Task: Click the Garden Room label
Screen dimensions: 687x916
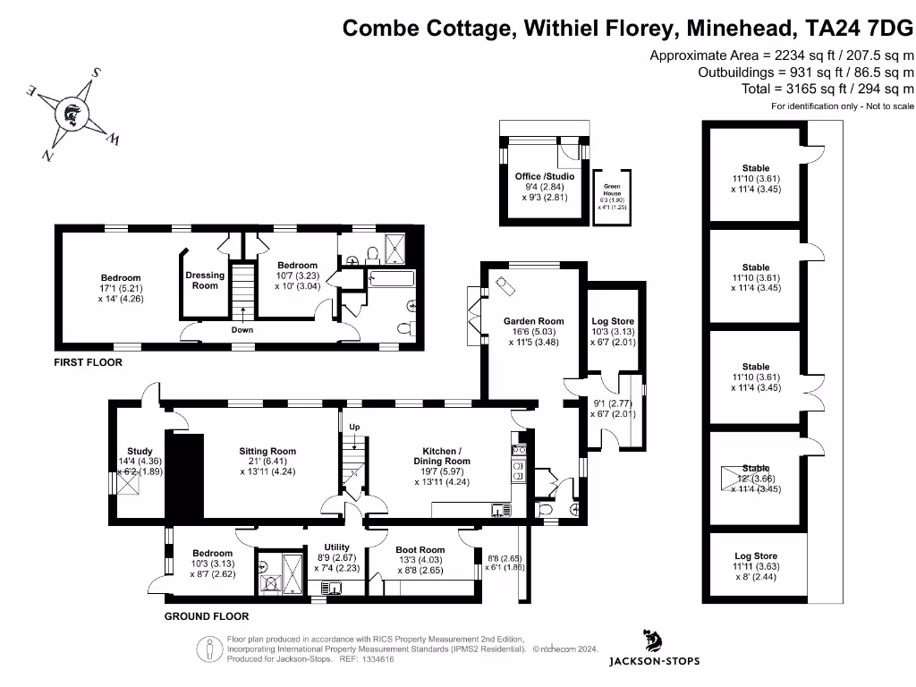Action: (533, 321)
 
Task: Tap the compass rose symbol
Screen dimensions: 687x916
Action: (71, 114)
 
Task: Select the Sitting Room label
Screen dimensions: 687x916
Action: (267, 452)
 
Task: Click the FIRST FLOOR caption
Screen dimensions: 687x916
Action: (87, 363)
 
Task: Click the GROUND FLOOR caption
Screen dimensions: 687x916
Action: (207, 616)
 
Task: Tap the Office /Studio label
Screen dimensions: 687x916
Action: (545, 176)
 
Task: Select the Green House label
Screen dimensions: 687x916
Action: (612, 190)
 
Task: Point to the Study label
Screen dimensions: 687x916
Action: (140, 452)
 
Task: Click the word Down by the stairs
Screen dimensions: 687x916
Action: (242, 330)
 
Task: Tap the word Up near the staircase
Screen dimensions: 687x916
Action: (354, 427)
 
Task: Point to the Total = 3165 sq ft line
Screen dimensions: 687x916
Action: (827, 89)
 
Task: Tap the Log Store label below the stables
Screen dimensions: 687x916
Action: (756, 556)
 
